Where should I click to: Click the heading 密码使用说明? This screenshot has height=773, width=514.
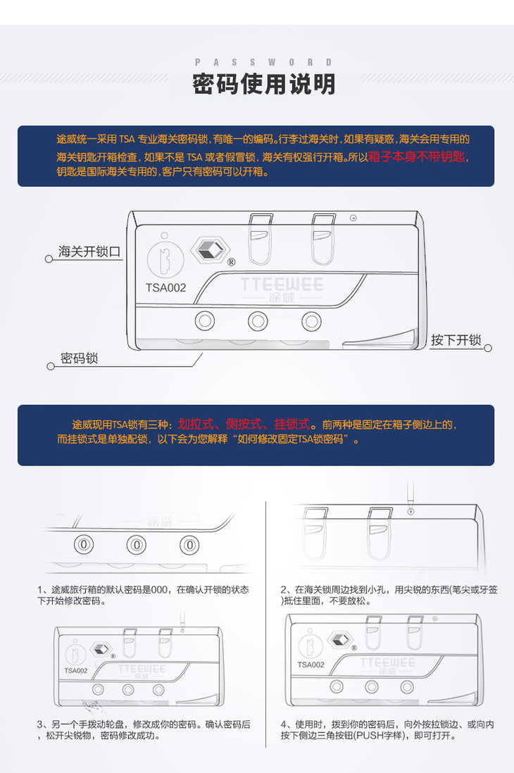click(x=264, y=84)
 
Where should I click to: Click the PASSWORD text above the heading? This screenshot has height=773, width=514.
click(x=263, y=62)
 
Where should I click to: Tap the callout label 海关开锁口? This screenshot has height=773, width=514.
click(x=89, y=251)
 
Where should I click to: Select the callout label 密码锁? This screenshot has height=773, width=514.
click(x=79, y=358)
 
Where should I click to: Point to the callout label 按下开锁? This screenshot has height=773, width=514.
click(x=456, y=339)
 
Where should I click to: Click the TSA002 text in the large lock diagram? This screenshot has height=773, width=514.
click(x=165, y=287)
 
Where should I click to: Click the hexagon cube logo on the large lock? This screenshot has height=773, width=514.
click(x=210, y=251)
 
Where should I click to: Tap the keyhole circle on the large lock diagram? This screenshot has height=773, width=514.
click(x=165, y=260)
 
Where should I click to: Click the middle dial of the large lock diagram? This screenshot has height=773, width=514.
click(x=258, y=321)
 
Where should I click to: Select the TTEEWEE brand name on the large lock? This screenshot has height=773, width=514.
click(x=282, y=284)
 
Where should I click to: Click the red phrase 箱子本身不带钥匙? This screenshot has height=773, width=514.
click(x=416, y=157)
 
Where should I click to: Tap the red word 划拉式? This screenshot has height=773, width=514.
click(x=195, y=424)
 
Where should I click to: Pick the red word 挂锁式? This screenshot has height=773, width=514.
click(x=292, y=424)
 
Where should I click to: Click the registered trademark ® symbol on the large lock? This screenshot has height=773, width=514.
click(x=231, y=263)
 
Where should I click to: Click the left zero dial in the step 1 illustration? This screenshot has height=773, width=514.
click(x=84, y=545)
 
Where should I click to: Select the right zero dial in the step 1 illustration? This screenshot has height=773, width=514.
click(x=189, y=545)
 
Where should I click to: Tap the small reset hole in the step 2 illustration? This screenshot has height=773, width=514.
click(x=411, y=512)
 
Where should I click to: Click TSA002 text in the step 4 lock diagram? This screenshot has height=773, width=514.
click(x=311, y=665)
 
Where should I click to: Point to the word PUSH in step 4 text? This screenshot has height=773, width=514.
click(x=369, y=736)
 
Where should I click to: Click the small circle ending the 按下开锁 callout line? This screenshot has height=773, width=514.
click(x=488, y=348)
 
